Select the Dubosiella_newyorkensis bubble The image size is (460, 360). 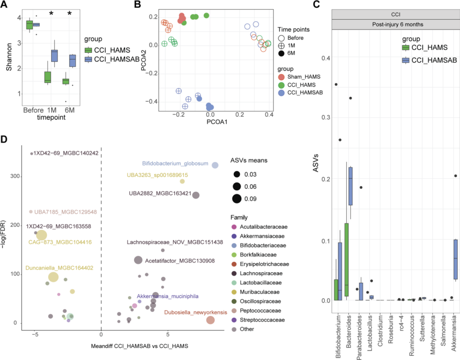pyautogui.click(x=210, y=320)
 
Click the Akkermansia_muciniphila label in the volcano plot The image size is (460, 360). pyautogui.click(x=167, y=296)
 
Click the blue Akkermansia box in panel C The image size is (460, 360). pyautogui.click(x=456, y=259)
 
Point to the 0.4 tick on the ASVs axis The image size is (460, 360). pyautogui.click(x=326, y=58)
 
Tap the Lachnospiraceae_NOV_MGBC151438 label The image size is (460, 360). pyautogui.click(x=175, y=242)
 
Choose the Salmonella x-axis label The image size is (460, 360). pyautogui.click(x=445, y=331)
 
